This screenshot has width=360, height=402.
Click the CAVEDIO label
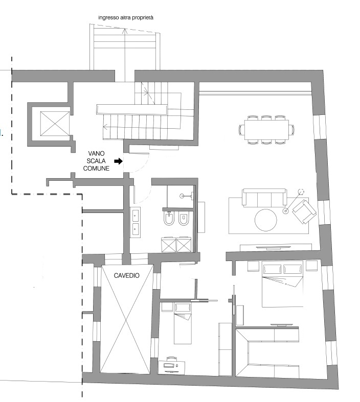point(126,276)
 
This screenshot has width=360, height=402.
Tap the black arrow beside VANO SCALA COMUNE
point(118,161)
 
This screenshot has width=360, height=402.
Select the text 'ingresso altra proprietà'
point(126,18)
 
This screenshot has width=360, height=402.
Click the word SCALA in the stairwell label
point(96,161)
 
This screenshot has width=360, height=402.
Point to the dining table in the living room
point(266,129)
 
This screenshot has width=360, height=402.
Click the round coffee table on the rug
point(266,220)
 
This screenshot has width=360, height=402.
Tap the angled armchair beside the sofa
point(304,212)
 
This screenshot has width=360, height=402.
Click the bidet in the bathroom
point(169,218)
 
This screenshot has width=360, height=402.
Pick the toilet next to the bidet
point(184,218)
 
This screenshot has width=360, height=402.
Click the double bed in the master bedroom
point(282,283)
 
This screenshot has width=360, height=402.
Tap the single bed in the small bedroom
point(183,323)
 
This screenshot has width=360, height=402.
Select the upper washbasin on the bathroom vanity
point(135,215)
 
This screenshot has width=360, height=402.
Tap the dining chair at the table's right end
point(291,129)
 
